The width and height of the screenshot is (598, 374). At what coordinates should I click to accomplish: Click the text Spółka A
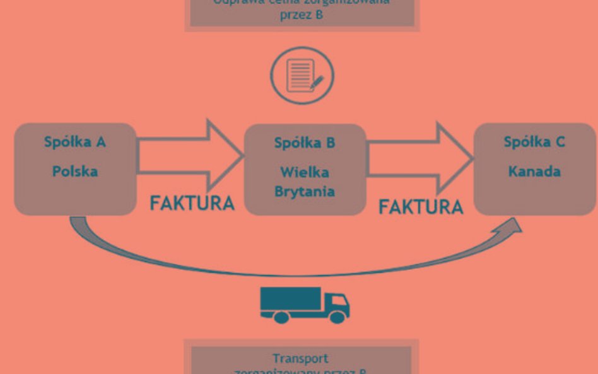tap(74, 141)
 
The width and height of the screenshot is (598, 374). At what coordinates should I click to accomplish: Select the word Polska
tap(74, 171)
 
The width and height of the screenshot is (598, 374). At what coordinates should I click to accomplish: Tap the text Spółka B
tap(305, 143)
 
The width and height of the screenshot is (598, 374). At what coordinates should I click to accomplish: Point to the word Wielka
tap(305, 172)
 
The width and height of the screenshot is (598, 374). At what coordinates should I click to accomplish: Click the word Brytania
tap(305, 191)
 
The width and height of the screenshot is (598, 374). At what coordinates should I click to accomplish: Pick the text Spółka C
tap(534, 142)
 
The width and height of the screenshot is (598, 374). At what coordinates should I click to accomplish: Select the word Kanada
tap(534, 171)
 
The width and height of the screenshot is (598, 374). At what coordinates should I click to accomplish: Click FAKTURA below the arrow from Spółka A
tap(192, 203)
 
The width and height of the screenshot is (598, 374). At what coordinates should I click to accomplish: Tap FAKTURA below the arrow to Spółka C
tap(421, 206)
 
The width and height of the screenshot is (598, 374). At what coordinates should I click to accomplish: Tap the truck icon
tap(305, 305)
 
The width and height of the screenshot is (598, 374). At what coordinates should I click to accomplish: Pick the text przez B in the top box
tap(302, 14)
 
